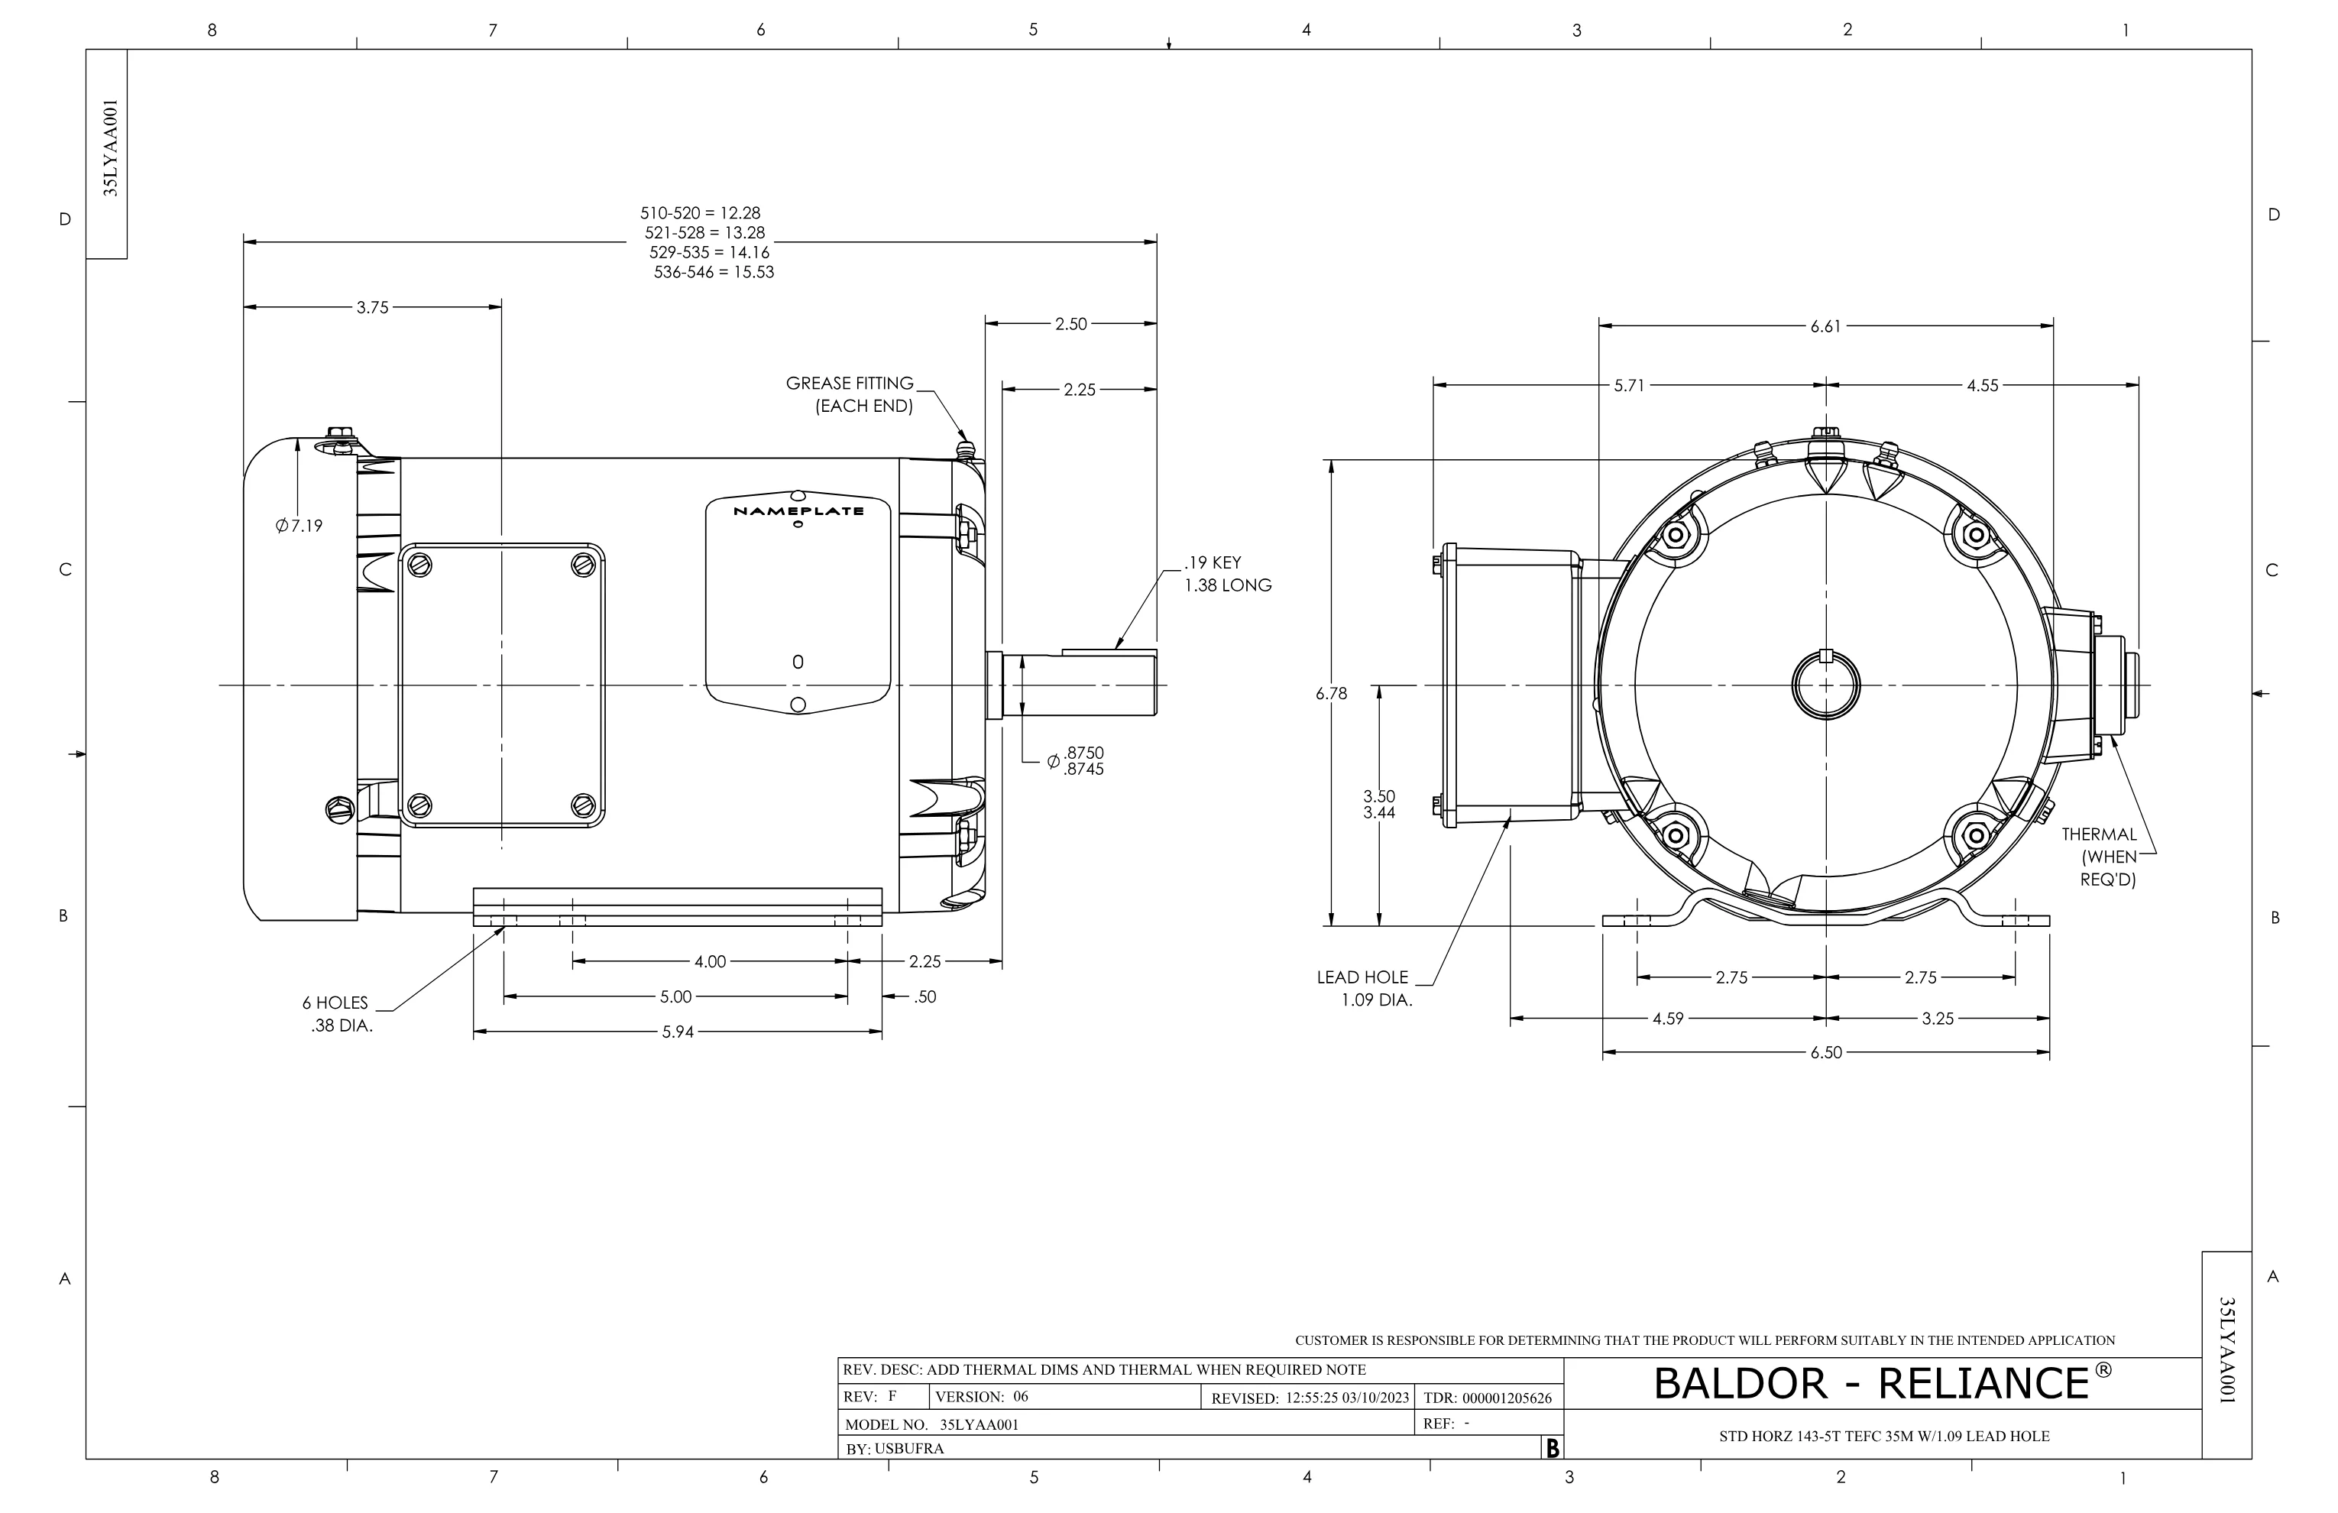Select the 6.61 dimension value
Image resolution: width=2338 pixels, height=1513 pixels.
[1826, 326]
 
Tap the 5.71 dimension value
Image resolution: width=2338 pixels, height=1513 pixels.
[1629, 386]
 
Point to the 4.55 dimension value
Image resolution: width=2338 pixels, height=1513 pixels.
[1983, 386]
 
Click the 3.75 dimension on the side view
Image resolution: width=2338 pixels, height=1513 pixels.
[372, 307]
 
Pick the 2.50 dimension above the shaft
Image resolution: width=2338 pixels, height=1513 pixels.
[1070, 324]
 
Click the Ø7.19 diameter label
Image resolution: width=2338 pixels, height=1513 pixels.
[299, 526]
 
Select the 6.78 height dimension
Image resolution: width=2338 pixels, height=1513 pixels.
[1331, 694]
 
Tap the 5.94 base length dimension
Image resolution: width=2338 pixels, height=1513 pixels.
[678, 1032]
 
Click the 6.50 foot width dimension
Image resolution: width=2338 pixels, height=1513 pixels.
[1826, 1052]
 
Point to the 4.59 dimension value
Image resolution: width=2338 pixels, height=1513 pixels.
[1668, 1019]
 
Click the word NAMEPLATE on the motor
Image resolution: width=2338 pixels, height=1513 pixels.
[798, 511]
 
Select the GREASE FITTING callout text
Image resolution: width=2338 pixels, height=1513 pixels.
[850, 383]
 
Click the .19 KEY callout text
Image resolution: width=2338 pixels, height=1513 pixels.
[1213, 563]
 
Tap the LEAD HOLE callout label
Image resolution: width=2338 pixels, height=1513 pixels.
[1362, 977]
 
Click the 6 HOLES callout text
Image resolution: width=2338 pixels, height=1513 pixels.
[335, 1003]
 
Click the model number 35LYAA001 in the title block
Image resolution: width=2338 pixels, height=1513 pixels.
[980, 1424]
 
